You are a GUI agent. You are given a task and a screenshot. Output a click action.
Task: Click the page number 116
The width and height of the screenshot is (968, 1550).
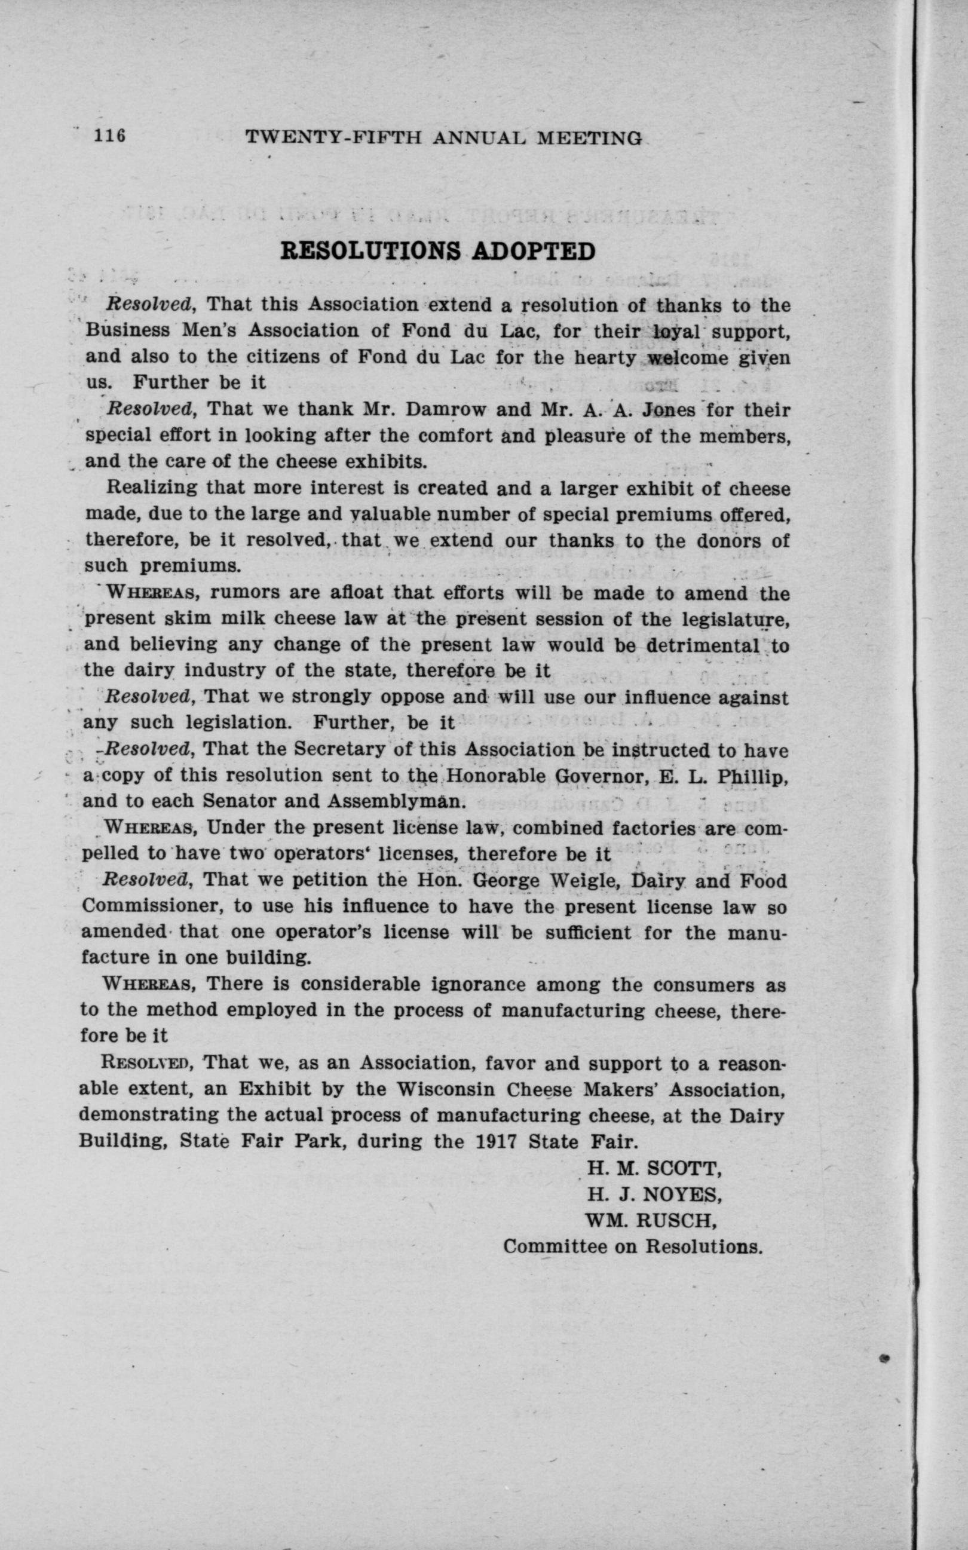point(109,136)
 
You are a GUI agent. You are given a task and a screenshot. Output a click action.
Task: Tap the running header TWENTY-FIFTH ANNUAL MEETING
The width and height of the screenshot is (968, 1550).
point(443,137)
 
